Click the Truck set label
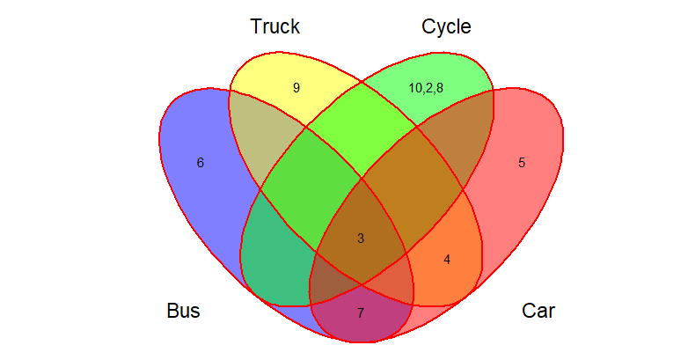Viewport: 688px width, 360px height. [x=274, y=27]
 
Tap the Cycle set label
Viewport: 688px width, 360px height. [x=446, y=27]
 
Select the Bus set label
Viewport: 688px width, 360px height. [x=183, y=311]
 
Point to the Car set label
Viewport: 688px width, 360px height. [x=538, y=311]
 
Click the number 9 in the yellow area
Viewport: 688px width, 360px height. [x=296, y=88]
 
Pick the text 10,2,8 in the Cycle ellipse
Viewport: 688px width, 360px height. [x=426, y=88]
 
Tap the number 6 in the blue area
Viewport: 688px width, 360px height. [x=201, y=163]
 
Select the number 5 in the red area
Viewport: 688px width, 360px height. [x=522, y=163]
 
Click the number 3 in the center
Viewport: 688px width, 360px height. [x=360, y=239]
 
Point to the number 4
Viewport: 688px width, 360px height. [x=447, y=260]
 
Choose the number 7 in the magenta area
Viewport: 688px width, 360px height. [x=360, y=313]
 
